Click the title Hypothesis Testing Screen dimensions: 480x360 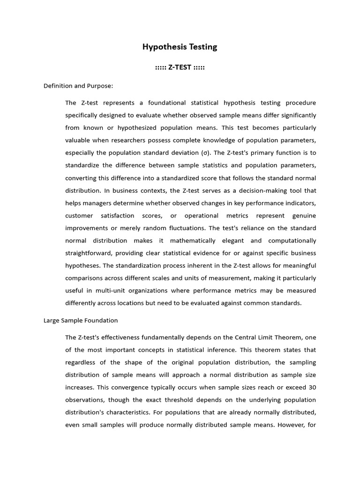(x=180, y=47)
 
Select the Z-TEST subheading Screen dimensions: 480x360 (x=180, y=67)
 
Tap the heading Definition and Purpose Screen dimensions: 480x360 (x=78, y=86)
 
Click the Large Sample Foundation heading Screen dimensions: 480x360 (x=81, y=321)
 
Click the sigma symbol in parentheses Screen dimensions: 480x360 (x=205, y=153)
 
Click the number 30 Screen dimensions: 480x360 (x=312, y=387)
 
